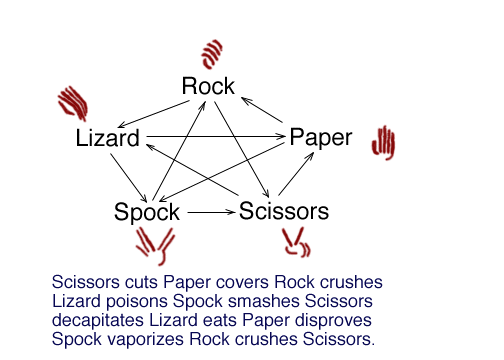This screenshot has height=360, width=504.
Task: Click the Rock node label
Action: pyautogui.click(x=208, y=87)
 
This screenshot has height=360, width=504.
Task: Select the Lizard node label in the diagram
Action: pyautogui.click(x=107, y=139)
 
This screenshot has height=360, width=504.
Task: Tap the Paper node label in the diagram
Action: pyautogui.click(x=320, y=138)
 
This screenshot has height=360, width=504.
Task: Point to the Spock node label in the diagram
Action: pyautogui.click(x=147, y=212)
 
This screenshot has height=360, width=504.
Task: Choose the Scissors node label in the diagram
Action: pyautogui.click(x=284, y=212)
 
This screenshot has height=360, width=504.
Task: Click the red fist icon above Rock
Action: pyautogui.click(x=211, y=52)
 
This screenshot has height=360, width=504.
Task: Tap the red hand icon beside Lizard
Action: pyautogui.click(x=74, y=103)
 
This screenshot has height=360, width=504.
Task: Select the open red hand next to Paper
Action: pyautogui.click(x=383, y=143)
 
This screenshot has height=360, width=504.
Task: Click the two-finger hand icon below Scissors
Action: pyautogui.click(x=294, y=241)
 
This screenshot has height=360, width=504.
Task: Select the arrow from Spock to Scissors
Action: pyautogui.click(x=209, y=212)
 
